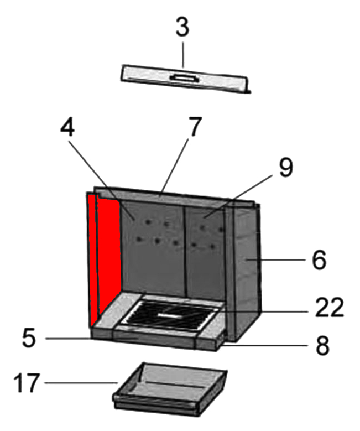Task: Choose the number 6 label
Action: click(x=319, y=260)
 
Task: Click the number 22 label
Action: click(x=329, y=308)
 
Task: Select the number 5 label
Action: click(x=28, y=339)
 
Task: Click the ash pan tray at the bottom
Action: click(x=169, y=390)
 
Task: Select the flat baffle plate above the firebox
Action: click(x=185, y=79)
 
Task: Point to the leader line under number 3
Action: click(x=182, y=56)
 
